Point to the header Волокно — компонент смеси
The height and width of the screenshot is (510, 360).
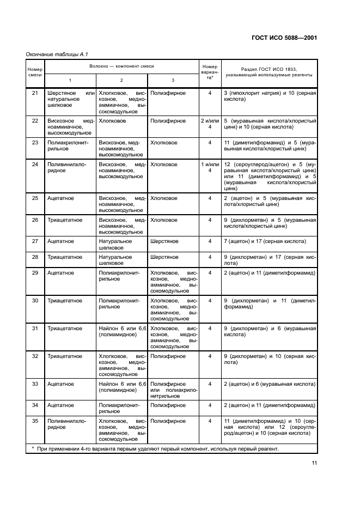coord(121,66)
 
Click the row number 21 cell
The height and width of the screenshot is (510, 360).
coord(35,93)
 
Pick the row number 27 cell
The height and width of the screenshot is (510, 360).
coord(35,241)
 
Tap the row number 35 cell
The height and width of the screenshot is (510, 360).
coord(35,421)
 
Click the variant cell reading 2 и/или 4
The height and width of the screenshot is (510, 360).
coord(210,124)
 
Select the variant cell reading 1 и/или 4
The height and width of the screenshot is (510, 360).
coord(210,167)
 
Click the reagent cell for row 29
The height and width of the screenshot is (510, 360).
coord(269,272)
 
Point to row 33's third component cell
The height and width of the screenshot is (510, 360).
coord(173,390)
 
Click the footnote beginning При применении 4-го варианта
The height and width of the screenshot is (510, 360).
coord(155,449)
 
